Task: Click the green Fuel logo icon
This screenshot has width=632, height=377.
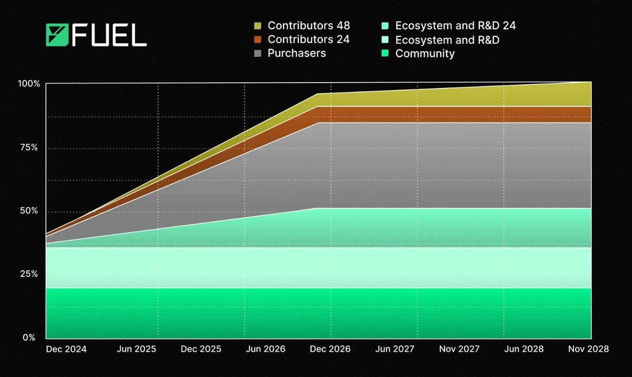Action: pyautogui.click(x=57, y=35)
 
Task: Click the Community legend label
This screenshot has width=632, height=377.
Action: pyautogui.click(x=424, y=53)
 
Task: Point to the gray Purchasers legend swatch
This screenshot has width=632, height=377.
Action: pyautogui.click(x=258, y=53)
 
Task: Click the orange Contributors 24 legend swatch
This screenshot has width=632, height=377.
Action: pyautogui.click(x=258, y=39)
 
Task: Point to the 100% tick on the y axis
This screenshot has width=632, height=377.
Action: pyautogui.click(x=29, y=84)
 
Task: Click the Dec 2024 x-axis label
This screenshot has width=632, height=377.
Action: pyautogui.click(x=66, y=349)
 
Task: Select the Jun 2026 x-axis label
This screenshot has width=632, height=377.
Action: pyautogui.click(x=265, y=349)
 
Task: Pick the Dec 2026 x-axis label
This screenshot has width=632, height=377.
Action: pyautogui.click(x=329, y=349)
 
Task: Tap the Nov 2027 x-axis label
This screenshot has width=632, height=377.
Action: pyautogui.click(x=460, y=349)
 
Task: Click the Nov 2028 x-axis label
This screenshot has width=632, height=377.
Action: pyautogui.click(x=587, y=349)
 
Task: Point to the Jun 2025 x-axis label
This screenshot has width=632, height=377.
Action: pyautogui.click(x=136, y=349)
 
